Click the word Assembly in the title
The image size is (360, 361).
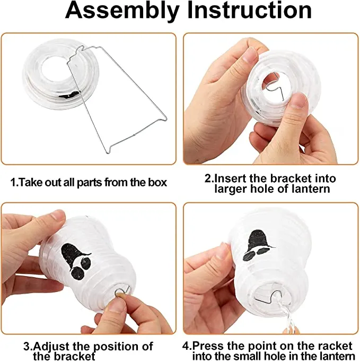[x=122, y=11]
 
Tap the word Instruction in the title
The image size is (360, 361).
[x=249, y=10]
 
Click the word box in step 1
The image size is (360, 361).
[x=157, y=182]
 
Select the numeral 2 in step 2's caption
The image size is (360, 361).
[x=208, y=178]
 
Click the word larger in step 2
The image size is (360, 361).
[x=231, y=189]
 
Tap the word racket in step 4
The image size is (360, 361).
[x=333, y=346]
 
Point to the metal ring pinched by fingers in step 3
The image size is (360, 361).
[x=120, y=293]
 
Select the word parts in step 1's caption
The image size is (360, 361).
[x=90, y=183]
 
